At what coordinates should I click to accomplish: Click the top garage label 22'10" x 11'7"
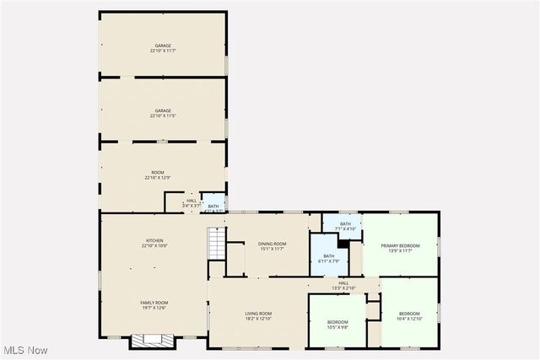(x=163, y=48)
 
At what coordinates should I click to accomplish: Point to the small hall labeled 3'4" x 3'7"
(x=192, y=203)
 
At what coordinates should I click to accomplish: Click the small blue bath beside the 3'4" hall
(x=213, y=205)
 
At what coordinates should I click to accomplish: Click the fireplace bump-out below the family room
(x=154, y=341)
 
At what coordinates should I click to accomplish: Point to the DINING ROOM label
(x=272, y=244)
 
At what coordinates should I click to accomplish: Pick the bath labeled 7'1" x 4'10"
(x=345, y=226)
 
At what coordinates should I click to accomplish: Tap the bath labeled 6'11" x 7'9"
(x=328, y=258)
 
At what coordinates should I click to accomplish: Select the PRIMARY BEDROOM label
(x=400, y=247)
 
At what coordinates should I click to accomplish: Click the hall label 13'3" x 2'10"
(x=343, y=285)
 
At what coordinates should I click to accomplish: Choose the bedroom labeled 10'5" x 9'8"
(x=337, y=325)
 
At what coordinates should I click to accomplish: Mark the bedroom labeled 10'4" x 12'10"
(x=409, y=316)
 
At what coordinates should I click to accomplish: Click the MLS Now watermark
(x=25, y=350)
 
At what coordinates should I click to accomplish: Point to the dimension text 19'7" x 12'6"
(x=154, y=308)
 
